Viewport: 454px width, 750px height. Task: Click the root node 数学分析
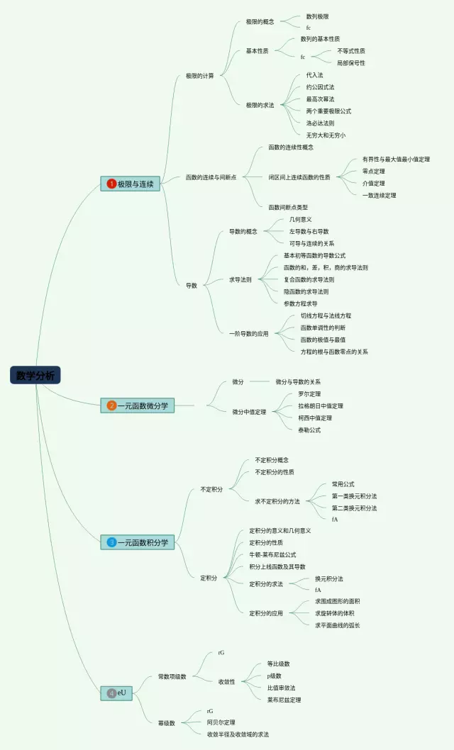pyautogui.click(x=35, y=376)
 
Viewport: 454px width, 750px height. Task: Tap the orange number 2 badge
pyautogui.click(x=111, y=405)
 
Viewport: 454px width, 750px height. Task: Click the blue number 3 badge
pyautogui.click(x=111, y=542)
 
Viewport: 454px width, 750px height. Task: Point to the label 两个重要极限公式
pyautogui.click(x=328, y=111)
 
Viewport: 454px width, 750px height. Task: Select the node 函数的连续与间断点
pyautogui.click(x=211, y=177)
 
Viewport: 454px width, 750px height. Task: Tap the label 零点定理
pyautogui.click(x=373, y=171)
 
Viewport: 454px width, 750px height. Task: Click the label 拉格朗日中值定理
pyautogui.click(x=320, y=405)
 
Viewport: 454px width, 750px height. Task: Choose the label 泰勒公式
pyautogui.click(x=309, y=430)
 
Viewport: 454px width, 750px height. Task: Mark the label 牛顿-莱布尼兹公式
pyautogui.click(x=272, y=554)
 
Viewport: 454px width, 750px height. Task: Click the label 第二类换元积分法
pyautogui.click(x=354, y=508)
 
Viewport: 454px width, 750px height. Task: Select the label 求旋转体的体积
pyautogui.click(x=337, y=612)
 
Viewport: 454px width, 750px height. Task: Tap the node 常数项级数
pyautogui.click(x=172, y=676)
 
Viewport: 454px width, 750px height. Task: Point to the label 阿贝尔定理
pyautogui.click(x=221, y=722)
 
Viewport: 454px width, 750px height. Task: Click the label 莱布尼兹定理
pyautogui.click(x=284, y=700)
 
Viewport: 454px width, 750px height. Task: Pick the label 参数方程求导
pyautogui.click(x=300, y=303)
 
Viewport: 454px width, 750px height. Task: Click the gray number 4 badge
pyautogui.click(x=111, y=693)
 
